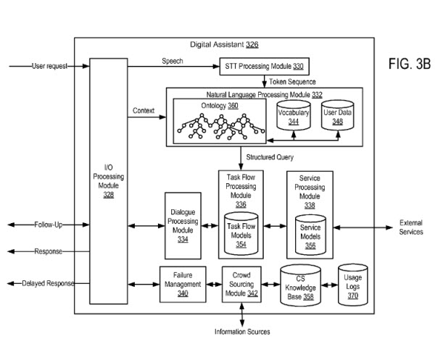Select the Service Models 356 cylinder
[310, 232]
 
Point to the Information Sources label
[242, 332]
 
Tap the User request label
[49, 66]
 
